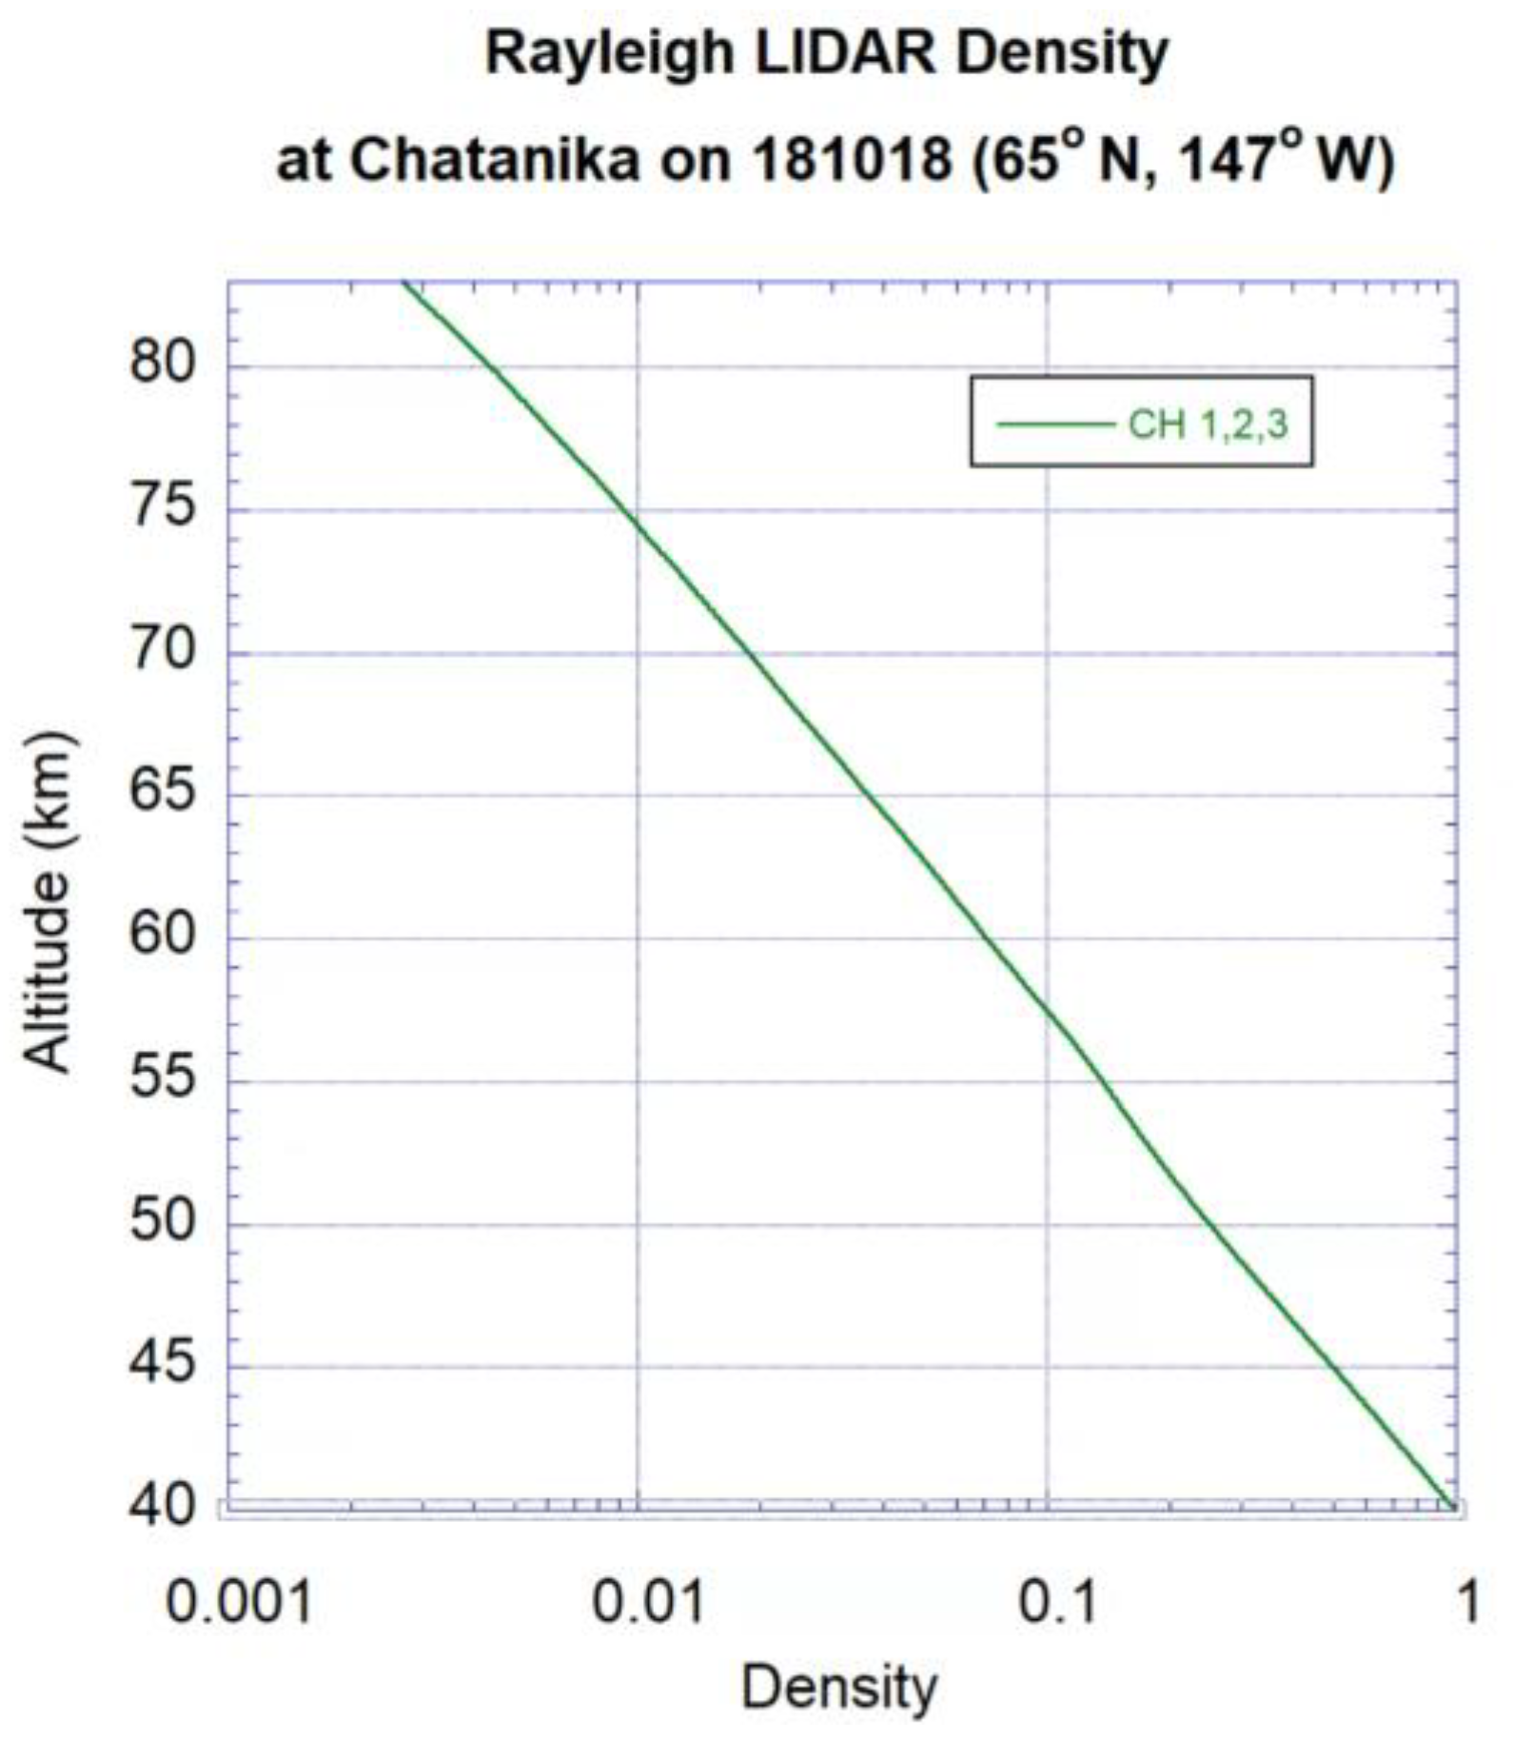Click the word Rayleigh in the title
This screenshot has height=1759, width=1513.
609,54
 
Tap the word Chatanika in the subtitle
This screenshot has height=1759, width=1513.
496,160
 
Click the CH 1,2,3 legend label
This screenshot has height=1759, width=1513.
1208,424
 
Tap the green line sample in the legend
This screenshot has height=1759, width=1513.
1054,425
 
